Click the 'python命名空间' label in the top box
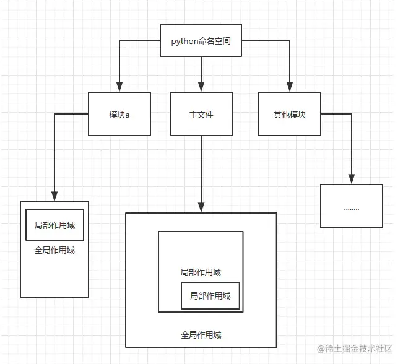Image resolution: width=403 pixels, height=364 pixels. (201, 41)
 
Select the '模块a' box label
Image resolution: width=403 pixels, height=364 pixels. (119, 115)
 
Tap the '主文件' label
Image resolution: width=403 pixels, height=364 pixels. (201, 115)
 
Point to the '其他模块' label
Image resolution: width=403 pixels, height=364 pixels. (289, 115)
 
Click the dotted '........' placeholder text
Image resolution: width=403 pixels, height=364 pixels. (352, 209)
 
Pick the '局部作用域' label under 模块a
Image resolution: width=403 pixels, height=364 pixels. (54, 225)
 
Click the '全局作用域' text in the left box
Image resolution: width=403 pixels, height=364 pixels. (54, 250)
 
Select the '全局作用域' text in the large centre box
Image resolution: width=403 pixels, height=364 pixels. (201, 335)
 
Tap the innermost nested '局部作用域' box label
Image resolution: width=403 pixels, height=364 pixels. (210, 296)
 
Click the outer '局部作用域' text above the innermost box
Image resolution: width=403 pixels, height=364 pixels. (201, 272)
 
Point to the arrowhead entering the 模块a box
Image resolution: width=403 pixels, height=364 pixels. (119, 87)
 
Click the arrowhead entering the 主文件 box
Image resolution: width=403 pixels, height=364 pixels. (201, 87)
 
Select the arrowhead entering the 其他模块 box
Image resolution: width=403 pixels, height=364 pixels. (290, 87)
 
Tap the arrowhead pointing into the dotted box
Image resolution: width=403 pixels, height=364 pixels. (352, 179)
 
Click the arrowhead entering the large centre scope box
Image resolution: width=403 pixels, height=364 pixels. (201, 207)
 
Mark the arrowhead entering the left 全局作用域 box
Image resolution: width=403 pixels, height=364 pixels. (54, 196)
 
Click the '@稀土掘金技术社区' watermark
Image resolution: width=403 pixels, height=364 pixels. (355, 349)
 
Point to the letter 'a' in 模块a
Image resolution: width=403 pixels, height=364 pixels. (128, 115)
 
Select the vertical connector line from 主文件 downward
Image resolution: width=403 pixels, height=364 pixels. (201, 170)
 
